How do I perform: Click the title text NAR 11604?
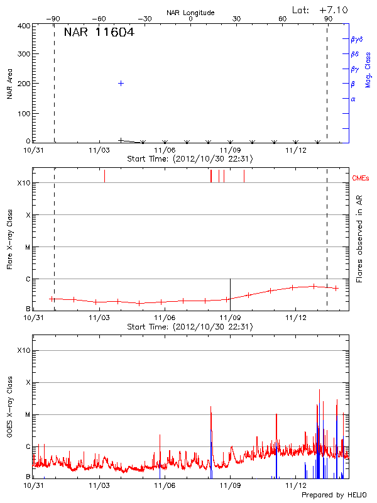(99, 33)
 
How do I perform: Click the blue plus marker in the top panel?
(121, 83)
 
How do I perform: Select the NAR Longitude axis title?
(190, 13)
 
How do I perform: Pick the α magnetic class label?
(353, 99)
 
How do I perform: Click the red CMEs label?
(361, 179)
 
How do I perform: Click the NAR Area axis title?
(9, 84)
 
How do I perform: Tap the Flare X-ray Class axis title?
(9, 240)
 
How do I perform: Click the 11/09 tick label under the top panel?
(230, 150)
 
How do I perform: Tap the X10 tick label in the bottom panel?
(23, 350)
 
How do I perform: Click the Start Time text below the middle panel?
(190, 327)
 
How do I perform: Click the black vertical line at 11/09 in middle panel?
(231, 294)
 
